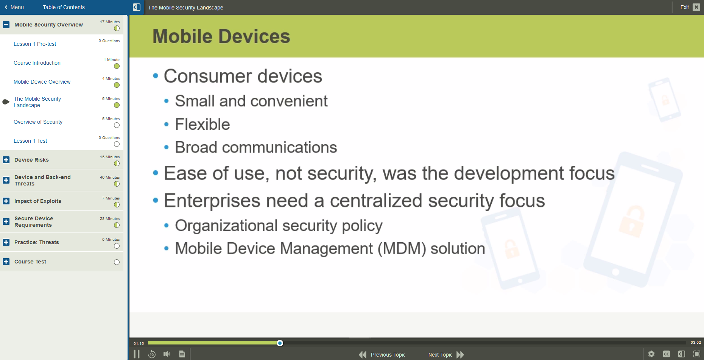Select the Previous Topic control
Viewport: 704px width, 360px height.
click(383, 355)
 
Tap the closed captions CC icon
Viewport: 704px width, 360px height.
click(667, 354)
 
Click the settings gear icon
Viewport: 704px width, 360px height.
click(651, 354)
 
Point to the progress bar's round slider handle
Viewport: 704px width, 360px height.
click(280, 343)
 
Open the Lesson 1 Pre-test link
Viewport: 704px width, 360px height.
click(35, 44)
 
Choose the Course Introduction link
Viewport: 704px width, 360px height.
click(37, 63)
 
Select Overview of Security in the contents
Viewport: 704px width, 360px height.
click(38, 122)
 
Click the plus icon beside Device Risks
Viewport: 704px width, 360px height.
click(6, 160)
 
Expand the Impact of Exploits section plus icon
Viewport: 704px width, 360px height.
click(6, 201)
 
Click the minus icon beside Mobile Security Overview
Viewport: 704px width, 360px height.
click(6, 25)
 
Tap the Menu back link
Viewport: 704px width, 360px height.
click(14, 7)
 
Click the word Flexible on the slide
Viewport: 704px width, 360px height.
click(202, 125)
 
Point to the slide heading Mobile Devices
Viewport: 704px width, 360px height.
click(221, 37)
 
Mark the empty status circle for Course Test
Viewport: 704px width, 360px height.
click(117, 262)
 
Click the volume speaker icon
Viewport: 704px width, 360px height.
click(167, 354)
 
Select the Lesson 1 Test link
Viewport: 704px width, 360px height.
click(30, 141)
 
